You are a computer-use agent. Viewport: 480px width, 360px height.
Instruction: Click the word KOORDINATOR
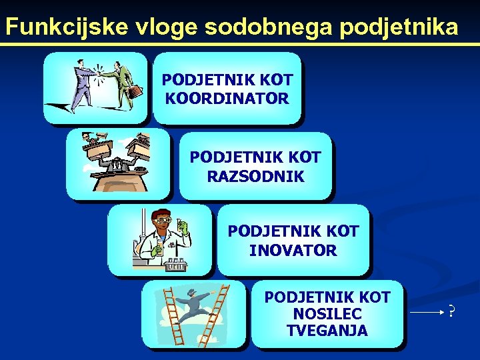(227, 99)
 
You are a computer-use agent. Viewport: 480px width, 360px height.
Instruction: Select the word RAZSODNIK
(255, 177)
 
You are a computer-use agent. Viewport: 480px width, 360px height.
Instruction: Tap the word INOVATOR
(293, 251)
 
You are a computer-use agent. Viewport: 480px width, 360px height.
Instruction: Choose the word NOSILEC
(327, 313)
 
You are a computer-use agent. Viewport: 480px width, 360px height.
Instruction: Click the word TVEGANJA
(327, 331)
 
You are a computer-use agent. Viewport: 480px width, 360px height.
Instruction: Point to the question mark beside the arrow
(451, 311)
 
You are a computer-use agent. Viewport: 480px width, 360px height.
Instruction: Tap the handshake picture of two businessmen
(95, 88)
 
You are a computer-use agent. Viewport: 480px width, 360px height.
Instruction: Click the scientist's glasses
(163, 221)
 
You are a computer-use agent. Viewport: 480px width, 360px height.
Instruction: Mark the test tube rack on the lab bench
(176, 264)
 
